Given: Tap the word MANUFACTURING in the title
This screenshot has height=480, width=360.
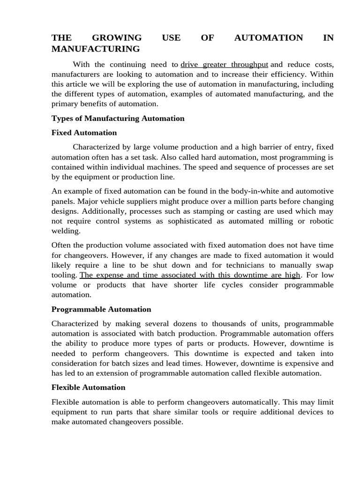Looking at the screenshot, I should click(x=96, y=49).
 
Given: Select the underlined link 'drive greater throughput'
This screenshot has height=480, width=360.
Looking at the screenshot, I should click(x=225, y=64).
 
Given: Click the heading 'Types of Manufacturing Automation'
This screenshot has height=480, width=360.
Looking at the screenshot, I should click(x=118, y=118).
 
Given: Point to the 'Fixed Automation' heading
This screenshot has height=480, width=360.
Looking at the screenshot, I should click(x=84, y=133).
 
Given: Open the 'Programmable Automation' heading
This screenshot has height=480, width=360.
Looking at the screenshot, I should click(x=101, y=309).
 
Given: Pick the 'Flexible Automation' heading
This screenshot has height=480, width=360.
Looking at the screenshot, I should click(x=88, y=387).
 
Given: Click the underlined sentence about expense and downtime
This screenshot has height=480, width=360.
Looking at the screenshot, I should click(x=190, y=275).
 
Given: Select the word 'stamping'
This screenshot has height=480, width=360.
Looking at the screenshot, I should click(x=207, y=211).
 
